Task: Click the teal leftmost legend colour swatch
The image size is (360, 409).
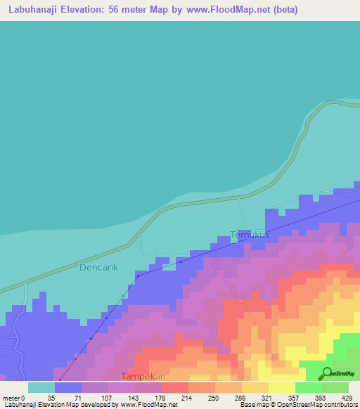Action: [41, 387]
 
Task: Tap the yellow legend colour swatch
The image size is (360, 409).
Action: [282, 387]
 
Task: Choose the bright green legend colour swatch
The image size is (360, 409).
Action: [309, 387]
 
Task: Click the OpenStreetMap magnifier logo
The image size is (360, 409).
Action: [327, 373]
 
